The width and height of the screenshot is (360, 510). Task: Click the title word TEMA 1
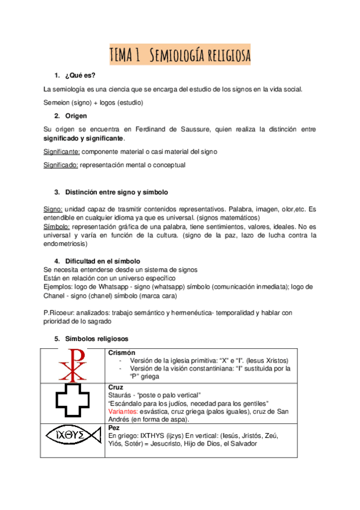(125, 55)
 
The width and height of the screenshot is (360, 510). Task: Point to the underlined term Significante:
(62, 151)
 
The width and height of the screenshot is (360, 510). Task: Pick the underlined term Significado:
(61, 165)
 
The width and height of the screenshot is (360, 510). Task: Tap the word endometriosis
(66, 244)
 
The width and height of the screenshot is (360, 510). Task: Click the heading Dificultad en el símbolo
(102, 260)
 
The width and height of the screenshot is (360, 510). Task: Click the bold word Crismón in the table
(121, 352)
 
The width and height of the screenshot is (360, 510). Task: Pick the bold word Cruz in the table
(115, 387)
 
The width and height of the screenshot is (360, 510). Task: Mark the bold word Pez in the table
(114, 427)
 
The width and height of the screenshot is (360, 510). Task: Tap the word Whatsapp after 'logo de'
(122, 287)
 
